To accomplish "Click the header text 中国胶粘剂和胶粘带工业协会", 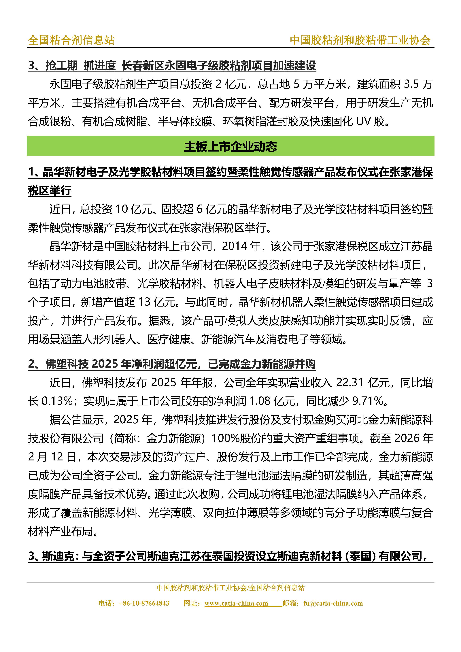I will [360, 40].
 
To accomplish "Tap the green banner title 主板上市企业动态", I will [230, 147].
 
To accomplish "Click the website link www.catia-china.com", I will [236, 603].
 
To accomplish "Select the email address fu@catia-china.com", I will [333, 603].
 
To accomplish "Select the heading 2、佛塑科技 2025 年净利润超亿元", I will [172, 364].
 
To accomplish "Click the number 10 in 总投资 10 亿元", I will [122, 209].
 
